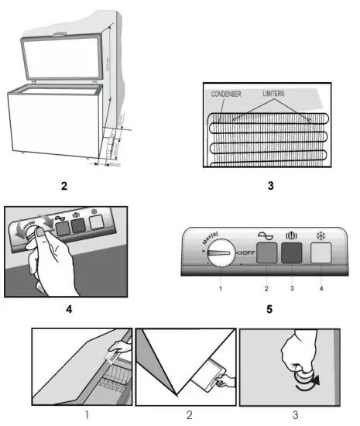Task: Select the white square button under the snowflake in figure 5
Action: pos(321,255)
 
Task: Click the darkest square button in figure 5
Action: pos(293,255)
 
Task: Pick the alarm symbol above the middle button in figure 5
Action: pos(293,234)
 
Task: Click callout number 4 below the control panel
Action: pos(321,289)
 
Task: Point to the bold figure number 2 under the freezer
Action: pos(64,186)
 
